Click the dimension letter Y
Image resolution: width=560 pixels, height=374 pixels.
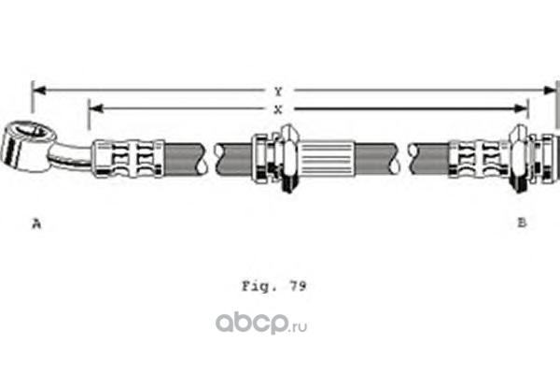coord(279,91)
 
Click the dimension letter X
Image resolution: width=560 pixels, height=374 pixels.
coord(279,109)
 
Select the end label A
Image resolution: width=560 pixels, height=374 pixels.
coord(36,223)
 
